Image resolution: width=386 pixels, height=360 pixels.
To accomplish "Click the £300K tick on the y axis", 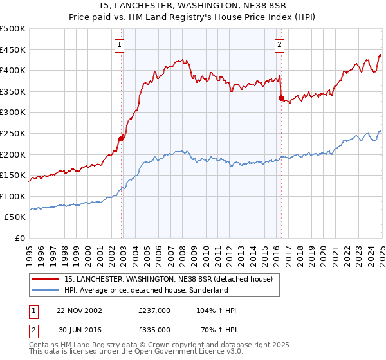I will (x=13, y=113).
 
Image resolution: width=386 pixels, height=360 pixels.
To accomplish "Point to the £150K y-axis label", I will (x=13, y=175).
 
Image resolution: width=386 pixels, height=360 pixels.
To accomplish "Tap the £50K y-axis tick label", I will (x=15, y=217).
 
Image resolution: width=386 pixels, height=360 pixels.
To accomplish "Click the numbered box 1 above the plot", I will (x=120, y=44).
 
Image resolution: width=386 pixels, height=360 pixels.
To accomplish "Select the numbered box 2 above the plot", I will (x=280, y=44).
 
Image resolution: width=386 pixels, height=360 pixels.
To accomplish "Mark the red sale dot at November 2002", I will (x=122, y=138).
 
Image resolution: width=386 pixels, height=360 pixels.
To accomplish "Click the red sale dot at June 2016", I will (x=281, y=98).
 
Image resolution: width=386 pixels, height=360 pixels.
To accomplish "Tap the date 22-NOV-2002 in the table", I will (x=79, y=310).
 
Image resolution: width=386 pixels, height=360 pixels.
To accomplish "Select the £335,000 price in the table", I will (x=154, y=328).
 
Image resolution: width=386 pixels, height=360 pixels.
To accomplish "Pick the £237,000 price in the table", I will (x=154, y=310).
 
